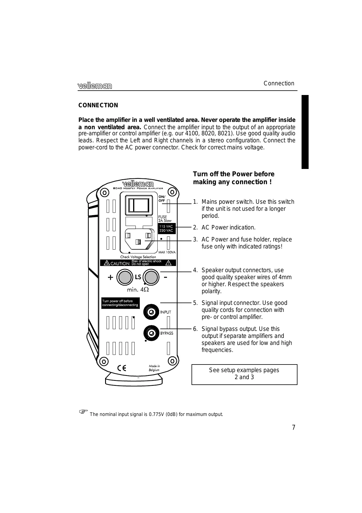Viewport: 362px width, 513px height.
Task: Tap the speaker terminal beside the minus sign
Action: pos(152,277)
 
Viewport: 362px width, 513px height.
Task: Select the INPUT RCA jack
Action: pos(151,312)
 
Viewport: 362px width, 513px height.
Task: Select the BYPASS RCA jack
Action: pos(151,333)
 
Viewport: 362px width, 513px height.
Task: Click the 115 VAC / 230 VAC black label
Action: pos(166,229)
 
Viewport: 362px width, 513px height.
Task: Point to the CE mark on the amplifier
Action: pos(121,368)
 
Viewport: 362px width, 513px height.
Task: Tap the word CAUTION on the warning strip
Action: pos(120,263)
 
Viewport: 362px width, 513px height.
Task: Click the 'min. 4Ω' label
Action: pos(138,290)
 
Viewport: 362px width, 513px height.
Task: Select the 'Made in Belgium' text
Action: pos(154,368)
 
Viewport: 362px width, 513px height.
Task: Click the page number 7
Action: pos(294,427)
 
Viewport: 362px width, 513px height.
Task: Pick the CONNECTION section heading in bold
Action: pos(98,105)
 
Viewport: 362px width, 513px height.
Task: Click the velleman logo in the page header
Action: pos(95,86)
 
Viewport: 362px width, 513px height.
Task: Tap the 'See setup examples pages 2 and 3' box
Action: pos(244,374)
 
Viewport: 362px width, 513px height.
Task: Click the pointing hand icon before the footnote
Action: pos(83,412)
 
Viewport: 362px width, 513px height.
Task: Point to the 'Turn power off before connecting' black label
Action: pos(120,303)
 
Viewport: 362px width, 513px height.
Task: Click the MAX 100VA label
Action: pos(167,252)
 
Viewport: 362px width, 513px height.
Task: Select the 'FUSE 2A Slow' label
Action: pos(165,219)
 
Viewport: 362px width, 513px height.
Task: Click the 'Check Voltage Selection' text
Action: pos(138,257)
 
